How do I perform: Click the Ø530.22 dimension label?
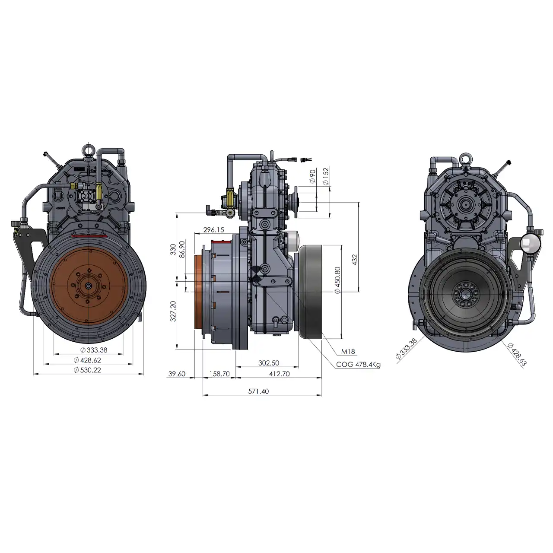point(87,370)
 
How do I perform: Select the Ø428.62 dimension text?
point(87,360)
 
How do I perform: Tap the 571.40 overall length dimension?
point(258,391)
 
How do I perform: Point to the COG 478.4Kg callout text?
point(358,365)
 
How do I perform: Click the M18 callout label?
point(348,351)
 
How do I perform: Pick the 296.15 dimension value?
point(213,229)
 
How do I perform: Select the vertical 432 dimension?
point(355,260)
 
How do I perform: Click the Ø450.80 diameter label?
point(337,280)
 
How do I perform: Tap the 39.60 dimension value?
point(177,374)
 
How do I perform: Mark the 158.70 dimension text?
point(219,374)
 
